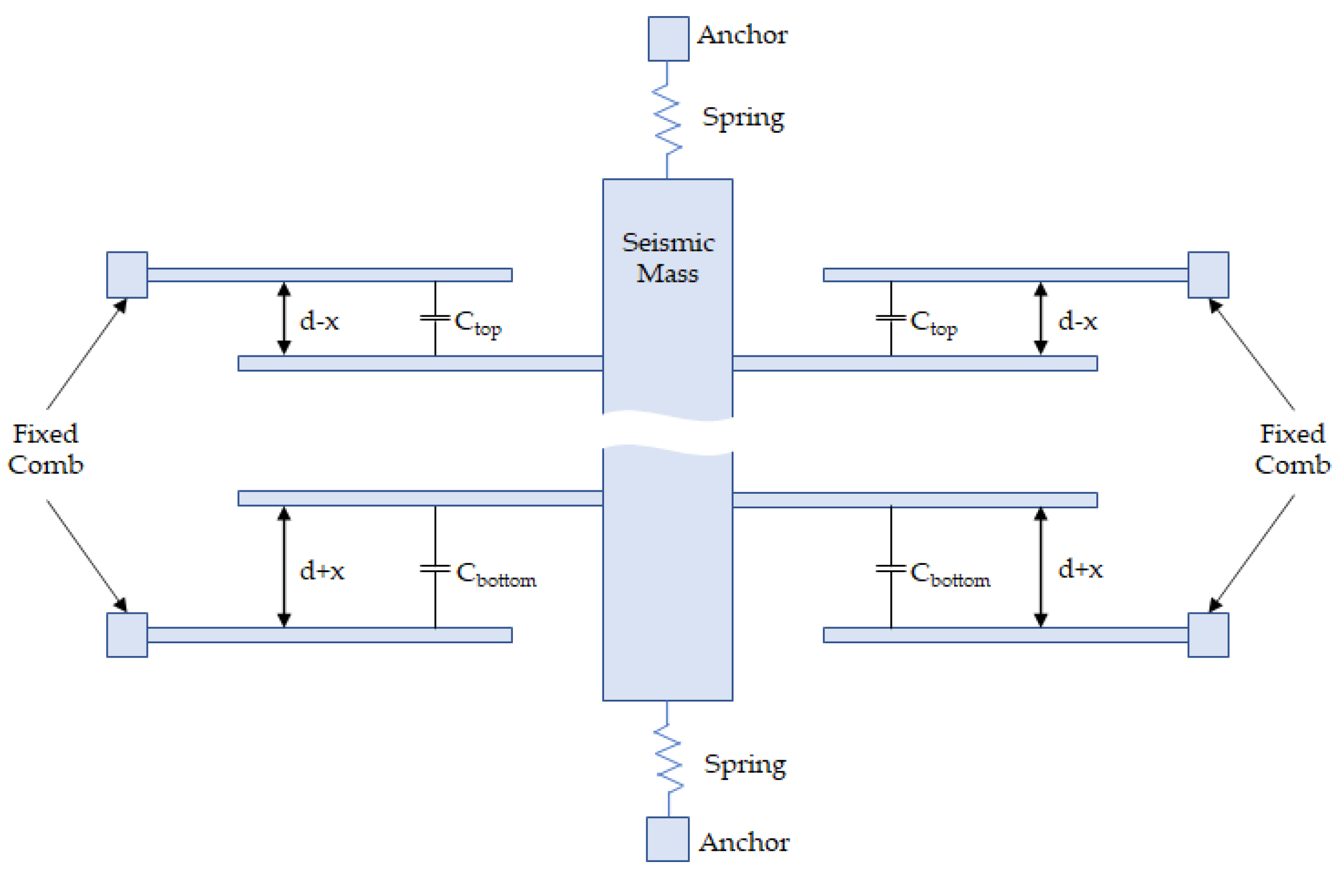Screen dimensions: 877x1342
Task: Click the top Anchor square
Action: tap(668, 38)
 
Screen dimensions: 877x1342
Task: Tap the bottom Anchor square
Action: tap(667, 839)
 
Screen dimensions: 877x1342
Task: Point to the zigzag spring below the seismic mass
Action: tap(668, 759)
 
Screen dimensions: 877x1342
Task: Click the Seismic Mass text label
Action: tap(667, 258)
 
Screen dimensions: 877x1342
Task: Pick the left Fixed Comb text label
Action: tap(46, 449)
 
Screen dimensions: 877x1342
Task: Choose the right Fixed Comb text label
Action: tap(1292, 449)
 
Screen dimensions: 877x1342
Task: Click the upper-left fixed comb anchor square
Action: tap(127, 274)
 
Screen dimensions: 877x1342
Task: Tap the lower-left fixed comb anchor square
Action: tap(127, 635)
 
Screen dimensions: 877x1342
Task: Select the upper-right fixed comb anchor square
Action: tap(1209, 274)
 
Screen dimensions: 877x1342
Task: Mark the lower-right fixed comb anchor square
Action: tap(1209, 635)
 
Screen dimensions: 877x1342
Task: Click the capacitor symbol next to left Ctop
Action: tap(435, 318)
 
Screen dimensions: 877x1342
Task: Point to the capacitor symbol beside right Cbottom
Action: tap(890, 568)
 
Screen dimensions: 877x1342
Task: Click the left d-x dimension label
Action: tap(319, 321)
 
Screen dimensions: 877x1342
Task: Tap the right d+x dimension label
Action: tap(1079, 569)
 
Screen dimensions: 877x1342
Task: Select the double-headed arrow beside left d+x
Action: tap(284, 567)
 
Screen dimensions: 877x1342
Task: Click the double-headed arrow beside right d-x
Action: tap(1040, 318)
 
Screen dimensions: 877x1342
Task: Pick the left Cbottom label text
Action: tap(496, 574)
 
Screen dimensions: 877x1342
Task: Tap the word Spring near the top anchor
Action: tap(742, 118)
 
